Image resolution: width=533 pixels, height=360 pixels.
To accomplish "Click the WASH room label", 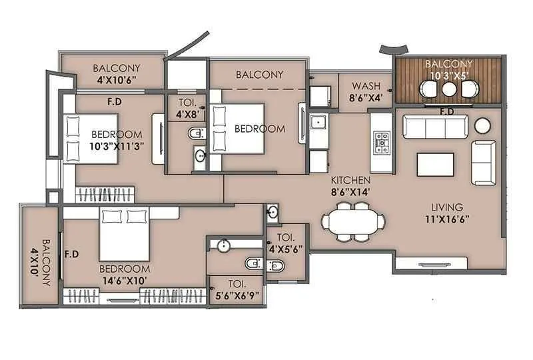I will click(x=366, y=86).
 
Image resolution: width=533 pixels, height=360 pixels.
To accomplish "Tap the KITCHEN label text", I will click(x=352, y=180).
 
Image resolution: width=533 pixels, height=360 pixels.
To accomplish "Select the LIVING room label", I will click(x=446, y=207).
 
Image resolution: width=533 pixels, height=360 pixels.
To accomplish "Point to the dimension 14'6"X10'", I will click(x=125, y=280).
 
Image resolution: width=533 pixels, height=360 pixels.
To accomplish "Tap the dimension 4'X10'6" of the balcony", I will click(x=116, y=79).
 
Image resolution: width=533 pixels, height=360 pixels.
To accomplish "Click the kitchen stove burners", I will click(x=382, y=142).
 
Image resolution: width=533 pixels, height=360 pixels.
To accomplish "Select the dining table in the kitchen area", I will click(x=352, y=221).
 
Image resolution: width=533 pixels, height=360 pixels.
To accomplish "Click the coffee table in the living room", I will click(x=435, y=164).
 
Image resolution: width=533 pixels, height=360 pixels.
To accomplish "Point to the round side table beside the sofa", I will click(x=482, y=125).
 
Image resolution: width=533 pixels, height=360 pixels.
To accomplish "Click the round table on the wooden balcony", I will click(x=449, y=89).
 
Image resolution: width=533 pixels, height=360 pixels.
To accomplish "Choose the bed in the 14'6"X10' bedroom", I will click(x=124, y=234).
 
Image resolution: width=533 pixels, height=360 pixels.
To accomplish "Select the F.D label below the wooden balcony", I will click(x=447, y=111).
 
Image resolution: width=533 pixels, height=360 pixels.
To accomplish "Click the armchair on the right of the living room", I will click(x=483, y=162).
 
